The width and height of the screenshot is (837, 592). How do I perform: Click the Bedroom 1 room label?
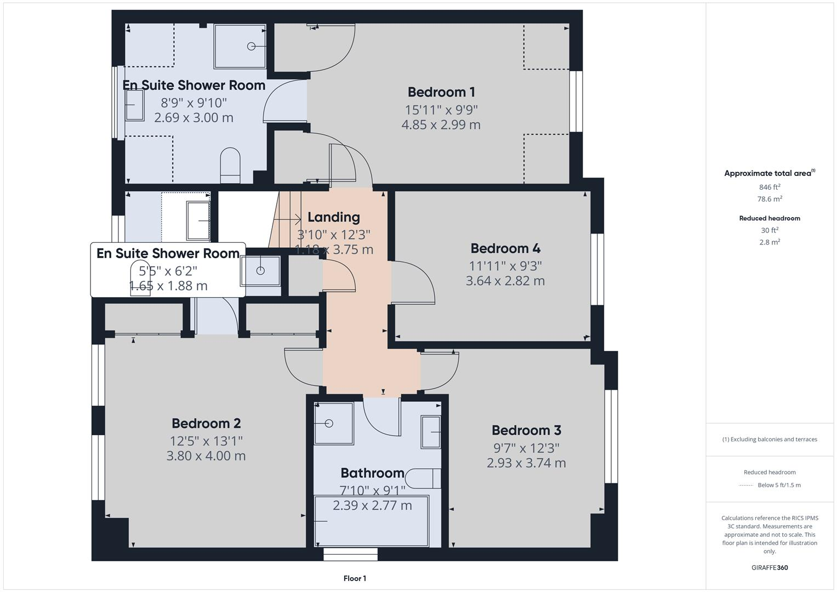point(441,92)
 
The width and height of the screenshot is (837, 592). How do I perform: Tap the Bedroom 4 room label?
point(505,248)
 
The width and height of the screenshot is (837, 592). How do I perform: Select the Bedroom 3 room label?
point(526,430)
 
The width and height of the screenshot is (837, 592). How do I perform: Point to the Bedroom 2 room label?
point(206,423)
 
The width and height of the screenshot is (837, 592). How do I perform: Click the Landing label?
point(333,217)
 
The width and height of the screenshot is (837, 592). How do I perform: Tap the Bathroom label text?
point(372,473)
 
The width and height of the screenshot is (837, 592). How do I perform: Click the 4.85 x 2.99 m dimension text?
point(441,124)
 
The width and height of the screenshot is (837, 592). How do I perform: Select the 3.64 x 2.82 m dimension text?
point(505,281)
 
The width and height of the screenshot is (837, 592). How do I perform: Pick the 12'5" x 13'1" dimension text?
point(206,440)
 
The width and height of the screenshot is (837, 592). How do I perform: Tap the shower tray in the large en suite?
point(240,46)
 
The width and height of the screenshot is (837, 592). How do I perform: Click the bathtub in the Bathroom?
point(372,521)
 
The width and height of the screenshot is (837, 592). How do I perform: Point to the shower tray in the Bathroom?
point(334,423)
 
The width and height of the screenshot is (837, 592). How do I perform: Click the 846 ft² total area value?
point(769,187)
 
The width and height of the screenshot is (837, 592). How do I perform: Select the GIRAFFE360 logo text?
point(769,567)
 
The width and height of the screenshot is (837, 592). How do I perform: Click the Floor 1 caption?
point(355,578)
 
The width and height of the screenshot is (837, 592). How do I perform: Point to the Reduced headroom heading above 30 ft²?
point(769,218)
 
